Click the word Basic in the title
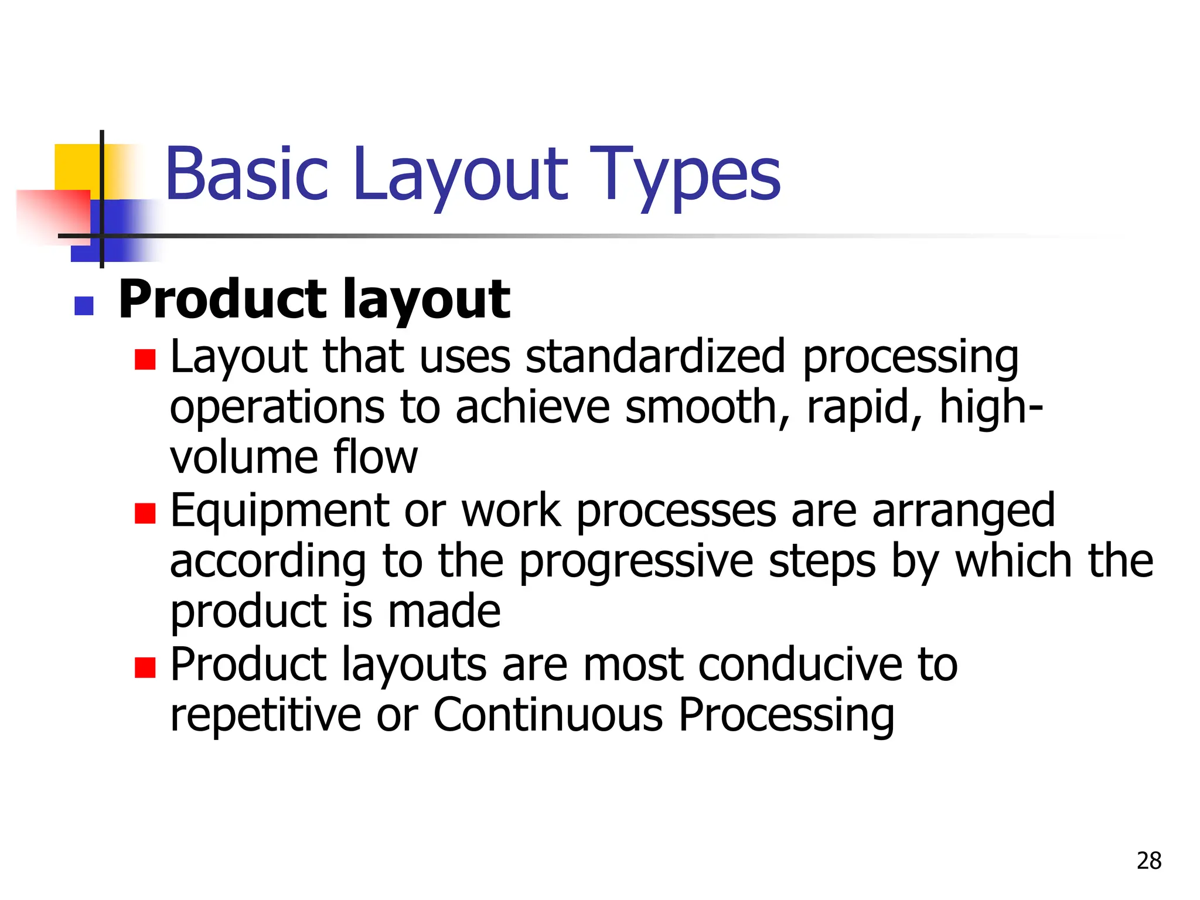click(247, 174)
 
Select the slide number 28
click(1148, 861)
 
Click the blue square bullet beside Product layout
click(84, 306)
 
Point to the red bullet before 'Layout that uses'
click(145, 359)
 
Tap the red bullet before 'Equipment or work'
click(145, 513)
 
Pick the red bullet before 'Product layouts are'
click(145, 667)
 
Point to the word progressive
click(636, 561)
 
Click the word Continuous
click(548, 715)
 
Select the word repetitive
click(265, 715)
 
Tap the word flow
click(376, 457)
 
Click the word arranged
click(963, 511)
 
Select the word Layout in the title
click(461, 174)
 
